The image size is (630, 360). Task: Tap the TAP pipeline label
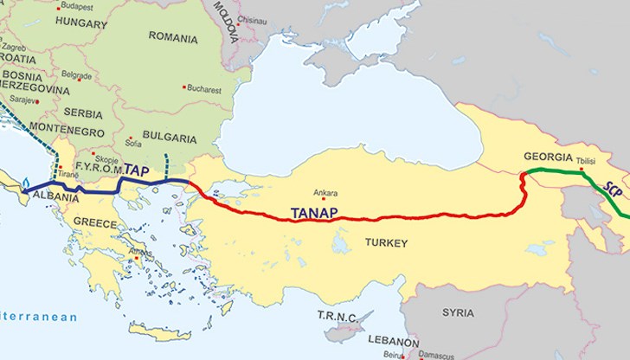point(136,170)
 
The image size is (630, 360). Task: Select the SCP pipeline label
point(613,190)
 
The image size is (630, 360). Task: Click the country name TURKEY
point(386,243)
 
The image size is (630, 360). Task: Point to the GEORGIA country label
point(549,157)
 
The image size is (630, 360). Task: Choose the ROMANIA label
point(173,37)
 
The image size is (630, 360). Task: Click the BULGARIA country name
point(169,138)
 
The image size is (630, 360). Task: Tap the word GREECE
point(94,222)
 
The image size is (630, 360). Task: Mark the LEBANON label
point(393,341)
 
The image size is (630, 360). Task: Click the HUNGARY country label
point(80,24)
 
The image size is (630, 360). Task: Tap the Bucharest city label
point(206,88)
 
